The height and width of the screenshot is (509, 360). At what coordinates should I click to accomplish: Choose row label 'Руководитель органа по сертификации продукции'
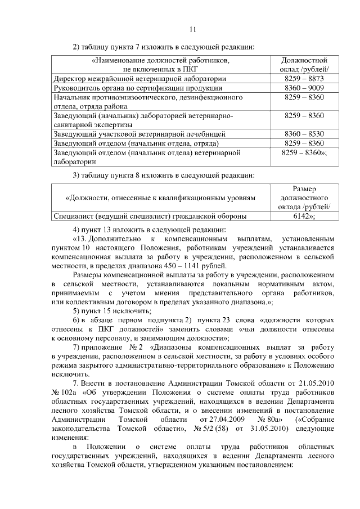(x=137, y=88)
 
